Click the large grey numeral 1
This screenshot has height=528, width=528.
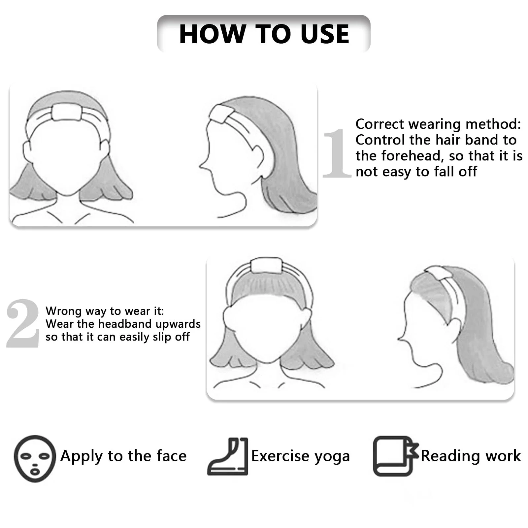point(337,153)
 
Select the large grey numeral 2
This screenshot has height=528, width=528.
point(23,323)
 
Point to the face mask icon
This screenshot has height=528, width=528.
point(35,458)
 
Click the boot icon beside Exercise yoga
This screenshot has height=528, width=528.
point(228,456)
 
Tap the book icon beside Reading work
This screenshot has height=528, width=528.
point(395,456)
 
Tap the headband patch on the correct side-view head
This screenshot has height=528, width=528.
point(221,115)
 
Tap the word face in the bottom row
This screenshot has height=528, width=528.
point(172,456)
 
